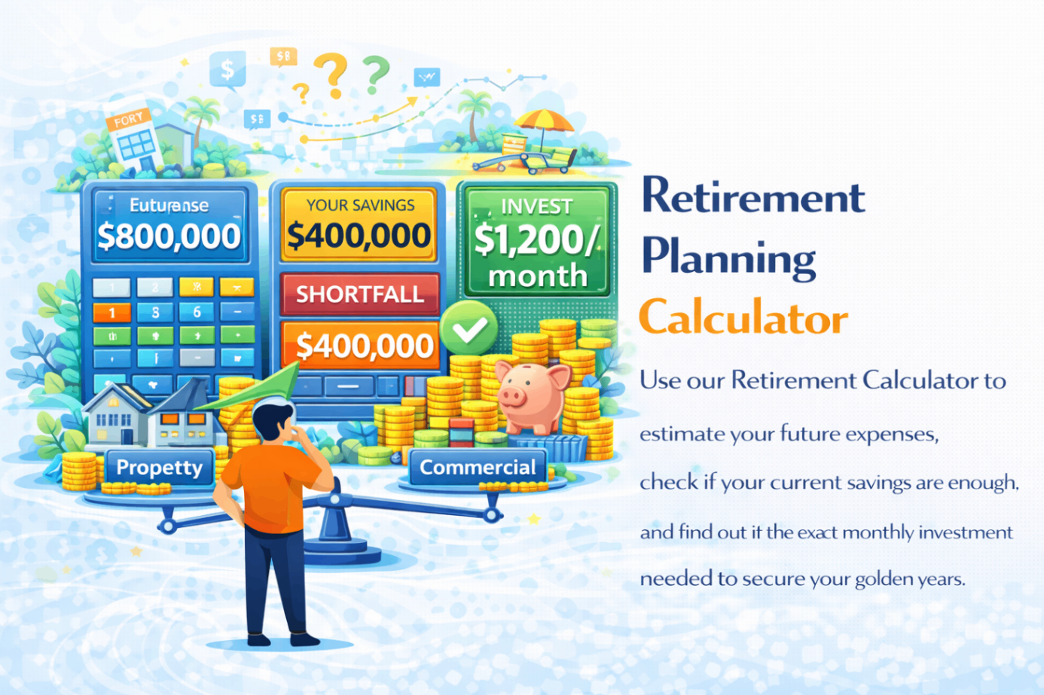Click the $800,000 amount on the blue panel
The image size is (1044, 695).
169,236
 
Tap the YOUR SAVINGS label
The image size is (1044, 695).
360,205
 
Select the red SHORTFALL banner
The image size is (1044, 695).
359,294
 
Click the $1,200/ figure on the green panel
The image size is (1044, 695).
536,239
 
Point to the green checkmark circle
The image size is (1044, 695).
469,328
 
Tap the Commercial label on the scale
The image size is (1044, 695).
477,468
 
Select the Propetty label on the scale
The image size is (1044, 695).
160,468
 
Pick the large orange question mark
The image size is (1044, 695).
331,75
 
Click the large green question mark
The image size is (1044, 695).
375,74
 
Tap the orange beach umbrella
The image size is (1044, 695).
544,120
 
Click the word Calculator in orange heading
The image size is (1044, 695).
743,318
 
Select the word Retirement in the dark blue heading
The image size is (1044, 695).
752,197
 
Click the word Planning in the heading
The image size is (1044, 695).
728,258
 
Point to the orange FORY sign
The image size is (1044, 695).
129,119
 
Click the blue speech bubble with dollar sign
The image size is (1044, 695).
227,70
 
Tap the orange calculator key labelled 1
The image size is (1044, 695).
112,312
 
